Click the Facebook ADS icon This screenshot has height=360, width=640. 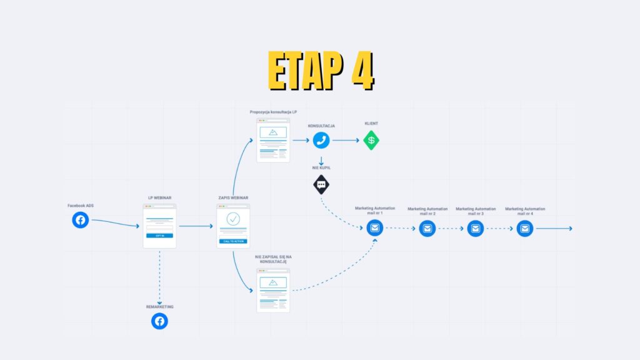[x=80, y=220]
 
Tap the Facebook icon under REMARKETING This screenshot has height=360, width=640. [x=159, y=321]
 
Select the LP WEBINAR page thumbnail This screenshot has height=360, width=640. [x=159, y=226]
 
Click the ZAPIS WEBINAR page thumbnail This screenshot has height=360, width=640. [x=233, y=226]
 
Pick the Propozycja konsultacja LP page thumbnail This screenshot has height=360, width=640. [x=273, y=140]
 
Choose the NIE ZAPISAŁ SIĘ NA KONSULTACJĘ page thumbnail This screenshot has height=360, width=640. [x=273, y=290]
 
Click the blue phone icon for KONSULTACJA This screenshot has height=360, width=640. [x=321, y=140]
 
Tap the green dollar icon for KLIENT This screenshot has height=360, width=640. [x=372, y=140]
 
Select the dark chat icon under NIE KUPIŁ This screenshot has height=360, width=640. [x=321, y=184]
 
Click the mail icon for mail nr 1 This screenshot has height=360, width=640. [x=374, y=229]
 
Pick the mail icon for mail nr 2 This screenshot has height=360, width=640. [x=427, y=229]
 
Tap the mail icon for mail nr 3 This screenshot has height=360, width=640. [x=476, y=229]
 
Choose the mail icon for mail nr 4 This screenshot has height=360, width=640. [x=525, y=229]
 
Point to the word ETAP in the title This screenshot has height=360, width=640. [x=303, y=70]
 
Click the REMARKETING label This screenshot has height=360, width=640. [x=159, y=307]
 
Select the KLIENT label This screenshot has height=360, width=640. [x=372, y=124]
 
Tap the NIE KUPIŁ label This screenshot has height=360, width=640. [x=321, y=167]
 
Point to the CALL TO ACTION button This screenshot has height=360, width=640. [x=233, y=241]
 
